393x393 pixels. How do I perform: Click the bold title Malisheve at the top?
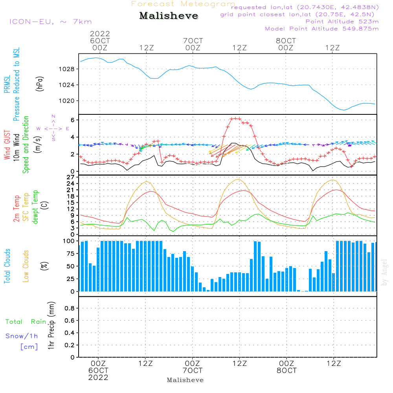click(169, 16)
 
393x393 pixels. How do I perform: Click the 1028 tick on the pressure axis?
click(67, 69)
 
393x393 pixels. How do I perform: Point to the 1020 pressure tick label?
click(67, 101)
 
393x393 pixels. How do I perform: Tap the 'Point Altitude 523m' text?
click(342, 22)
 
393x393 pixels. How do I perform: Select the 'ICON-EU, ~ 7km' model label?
click(51, 22)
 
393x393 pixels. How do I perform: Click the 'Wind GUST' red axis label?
click(7, 145)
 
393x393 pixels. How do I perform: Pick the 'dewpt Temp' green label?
click(35, 207)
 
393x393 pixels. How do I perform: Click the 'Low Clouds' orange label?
click(26, 266)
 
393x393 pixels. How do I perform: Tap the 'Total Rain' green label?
click(26, 321)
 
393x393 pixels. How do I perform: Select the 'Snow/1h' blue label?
click(22, 336)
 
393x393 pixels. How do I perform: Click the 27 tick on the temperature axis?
click(71, 177)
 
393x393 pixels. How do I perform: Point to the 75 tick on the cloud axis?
click(71, 253)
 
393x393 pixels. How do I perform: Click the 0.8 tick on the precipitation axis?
click(70, 308)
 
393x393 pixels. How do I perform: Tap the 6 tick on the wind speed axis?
click(73, 120)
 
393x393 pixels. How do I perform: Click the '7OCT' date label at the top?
click(193, 40)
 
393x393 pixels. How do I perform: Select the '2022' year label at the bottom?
click(98, 377)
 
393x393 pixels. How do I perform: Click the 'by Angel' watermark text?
click(384, 272)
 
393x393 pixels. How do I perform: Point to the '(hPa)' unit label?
click(40, 84)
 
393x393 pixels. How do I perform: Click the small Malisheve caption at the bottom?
click(185, 380)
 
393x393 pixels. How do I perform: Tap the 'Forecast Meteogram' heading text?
click(183, 4)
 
